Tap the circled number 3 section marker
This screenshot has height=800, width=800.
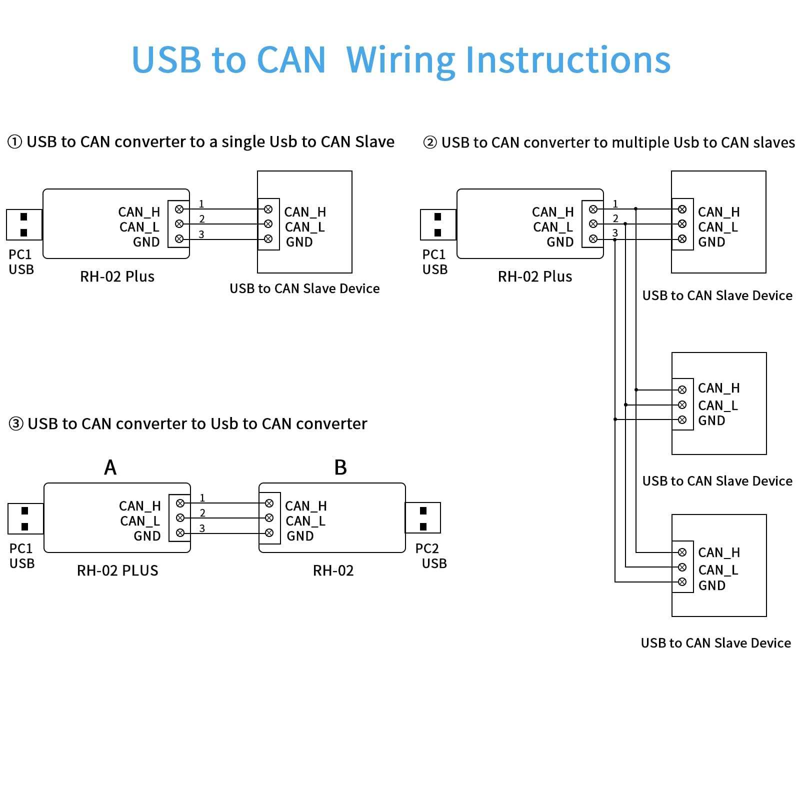pyautogui.click(x=16, y=424)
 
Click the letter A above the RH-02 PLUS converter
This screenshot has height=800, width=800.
pyautogui.click(x=110, y=467)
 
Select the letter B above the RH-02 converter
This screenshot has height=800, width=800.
pyautogui.click(x=340, y=467)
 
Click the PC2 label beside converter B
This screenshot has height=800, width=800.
pyautogui.click(x=427, y=548)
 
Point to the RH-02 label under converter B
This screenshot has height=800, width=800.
pyautogui.click(x=333, y=570)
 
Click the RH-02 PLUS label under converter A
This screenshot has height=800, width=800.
pyautogui.click(x=117, y=570)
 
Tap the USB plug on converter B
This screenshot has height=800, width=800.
pyautogui.click(x=423, y=518)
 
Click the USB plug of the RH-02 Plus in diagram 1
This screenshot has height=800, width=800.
pyautogui.click(x=24, y=224)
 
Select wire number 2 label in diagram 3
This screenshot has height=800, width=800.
pyautogui.click(x=202, y=512)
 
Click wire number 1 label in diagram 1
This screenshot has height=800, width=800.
pyautogui.click(x=201, y=203)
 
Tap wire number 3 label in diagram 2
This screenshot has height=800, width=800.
pyautogui.click(x=615, y=232)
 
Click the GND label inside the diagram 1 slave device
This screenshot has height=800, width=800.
pyautogui.click(x=299, y=242)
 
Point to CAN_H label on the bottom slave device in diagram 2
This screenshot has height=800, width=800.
pyautogui.click(x=719, y=552)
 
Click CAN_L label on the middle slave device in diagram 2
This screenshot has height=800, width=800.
pyautogui.click(x=718, y=405)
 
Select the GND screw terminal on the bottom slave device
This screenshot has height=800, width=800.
pyautogui.click(x=682, y=581)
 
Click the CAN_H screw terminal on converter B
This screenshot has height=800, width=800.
pyautogui.click(x=269, y=503)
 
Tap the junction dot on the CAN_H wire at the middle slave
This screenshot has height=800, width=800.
pyautogui.click(x=636, y=389)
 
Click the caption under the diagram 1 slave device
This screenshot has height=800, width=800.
pyautogui.click(x=304, y=288)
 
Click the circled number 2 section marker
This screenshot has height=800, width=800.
pyautogui.click(x=430, y=143)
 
